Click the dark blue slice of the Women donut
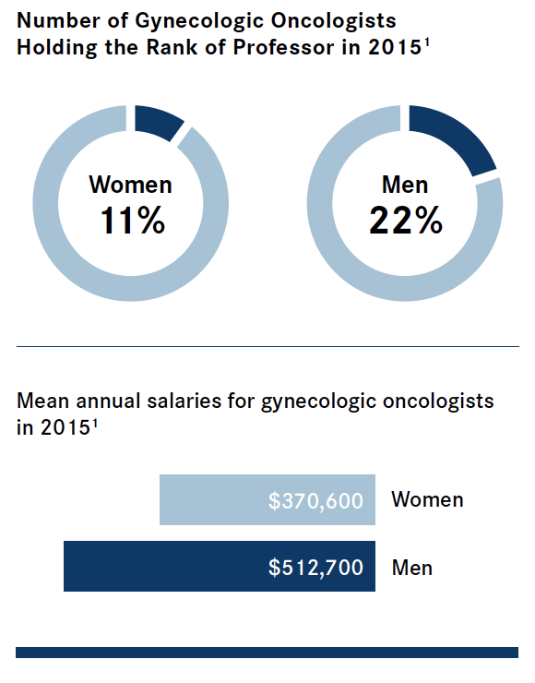(x=158, y=122)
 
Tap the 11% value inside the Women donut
(x=133, y=221)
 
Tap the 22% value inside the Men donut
(x=406, y=221)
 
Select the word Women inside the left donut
(x=131, y=185)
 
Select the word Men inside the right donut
(x=405, y=185)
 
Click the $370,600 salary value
(x=315, y=500)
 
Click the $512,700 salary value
(x=315, y=567)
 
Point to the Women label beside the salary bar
(x=427, y=499)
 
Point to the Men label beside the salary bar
(x=412, y=568)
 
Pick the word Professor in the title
(x=283, y=47)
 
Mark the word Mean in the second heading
(x=42, y=401)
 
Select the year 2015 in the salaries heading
(x=65, y=427)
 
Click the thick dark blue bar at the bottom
(x=267, y=652)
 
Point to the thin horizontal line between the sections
(x=267, y=347)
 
